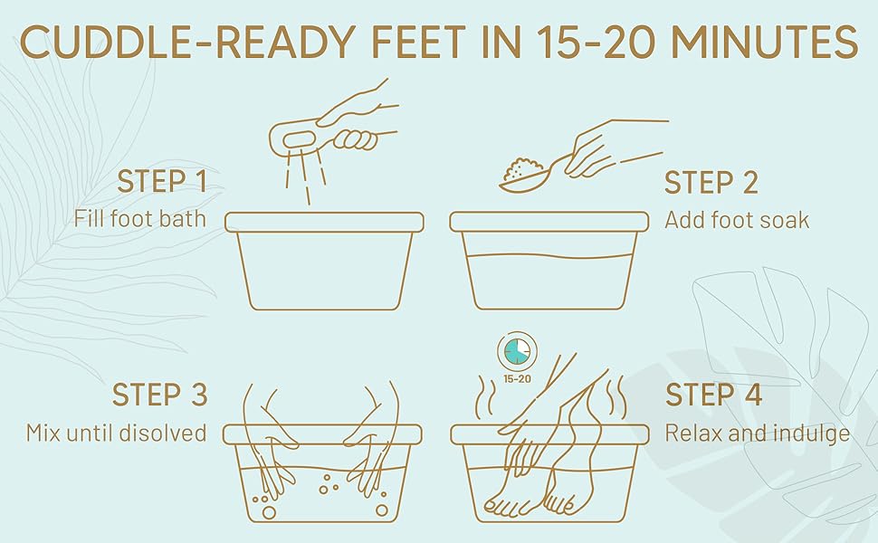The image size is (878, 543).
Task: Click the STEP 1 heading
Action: [x=162, y=182]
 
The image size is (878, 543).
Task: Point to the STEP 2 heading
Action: [x=711, y=182]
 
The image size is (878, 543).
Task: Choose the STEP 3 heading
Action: [x=160, y=395]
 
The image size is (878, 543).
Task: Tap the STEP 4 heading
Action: [x=713, y=395]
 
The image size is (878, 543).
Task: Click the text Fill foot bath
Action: [x=140, y=219]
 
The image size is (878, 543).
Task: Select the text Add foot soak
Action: [x=736, y=220]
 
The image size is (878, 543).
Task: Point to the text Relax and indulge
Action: [x=757, y=433]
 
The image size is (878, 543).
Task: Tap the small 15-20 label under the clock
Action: [x=517, y=378]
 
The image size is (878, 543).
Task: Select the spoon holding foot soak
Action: [x=528, y=174]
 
